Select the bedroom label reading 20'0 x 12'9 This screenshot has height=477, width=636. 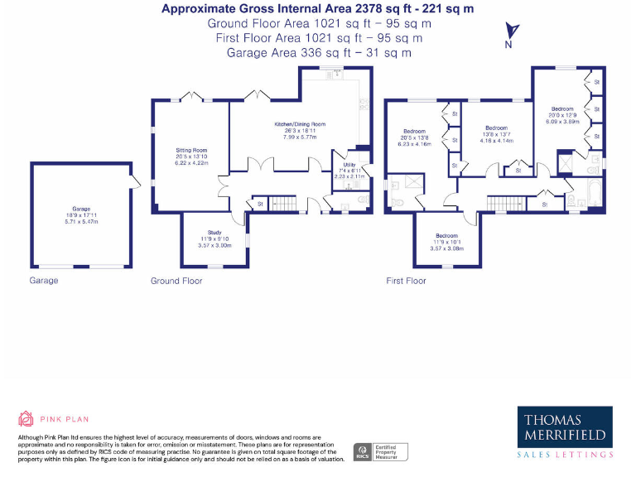[562, 114]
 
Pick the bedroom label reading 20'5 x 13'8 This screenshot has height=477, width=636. [415, 137]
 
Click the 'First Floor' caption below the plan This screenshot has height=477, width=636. [406, 281]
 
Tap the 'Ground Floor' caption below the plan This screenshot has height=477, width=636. [177, 281]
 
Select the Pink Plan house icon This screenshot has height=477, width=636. [26, 419]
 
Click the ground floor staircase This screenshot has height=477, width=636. [284, 203]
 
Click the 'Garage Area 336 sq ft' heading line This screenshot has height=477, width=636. [319, 52]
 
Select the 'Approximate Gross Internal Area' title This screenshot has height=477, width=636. [319, 9]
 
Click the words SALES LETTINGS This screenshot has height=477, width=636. [565, 455]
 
